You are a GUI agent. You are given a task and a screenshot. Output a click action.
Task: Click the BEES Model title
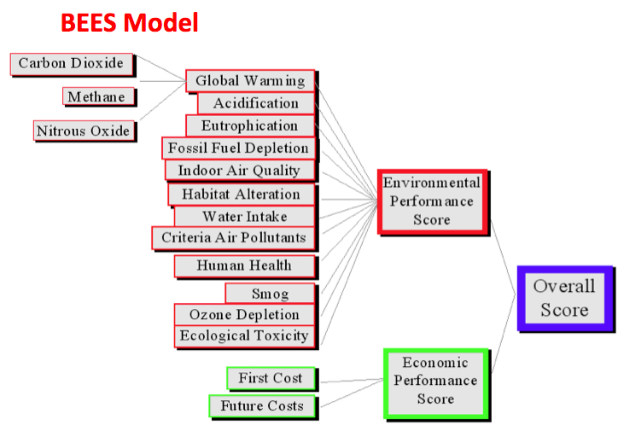coord(129,22)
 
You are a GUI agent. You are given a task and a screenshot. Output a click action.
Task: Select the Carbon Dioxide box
coord(72,63)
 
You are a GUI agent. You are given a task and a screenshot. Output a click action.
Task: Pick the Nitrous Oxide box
coord(84,131)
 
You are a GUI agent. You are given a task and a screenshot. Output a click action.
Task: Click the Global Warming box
coord(249,81)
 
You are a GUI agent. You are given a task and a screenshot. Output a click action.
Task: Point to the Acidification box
coord(255,103)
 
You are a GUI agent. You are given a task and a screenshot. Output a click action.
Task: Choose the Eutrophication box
coord(249,125)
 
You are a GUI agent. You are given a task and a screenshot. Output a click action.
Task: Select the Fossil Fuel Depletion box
coord(238,148)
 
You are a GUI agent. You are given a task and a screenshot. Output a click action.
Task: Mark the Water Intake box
coord(244,216)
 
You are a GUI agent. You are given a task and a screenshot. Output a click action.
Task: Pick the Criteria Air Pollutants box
coord(233,237)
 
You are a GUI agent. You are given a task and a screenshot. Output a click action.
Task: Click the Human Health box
coord(244,265)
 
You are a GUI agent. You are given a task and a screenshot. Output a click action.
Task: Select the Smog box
coord(270,294)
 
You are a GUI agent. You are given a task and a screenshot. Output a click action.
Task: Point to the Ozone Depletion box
coord(244,314)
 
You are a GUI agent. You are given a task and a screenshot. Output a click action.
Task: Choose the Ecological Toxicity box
coord(244,335)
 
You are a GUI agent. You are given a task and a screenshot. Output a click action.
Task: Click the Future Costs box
coord(261,405)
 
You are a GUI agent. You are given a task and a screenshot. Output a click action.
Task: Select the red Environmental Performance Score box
coord(432,201)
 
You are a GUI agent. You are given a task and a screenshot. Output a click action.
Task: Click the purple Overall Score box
coord(564,298)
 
